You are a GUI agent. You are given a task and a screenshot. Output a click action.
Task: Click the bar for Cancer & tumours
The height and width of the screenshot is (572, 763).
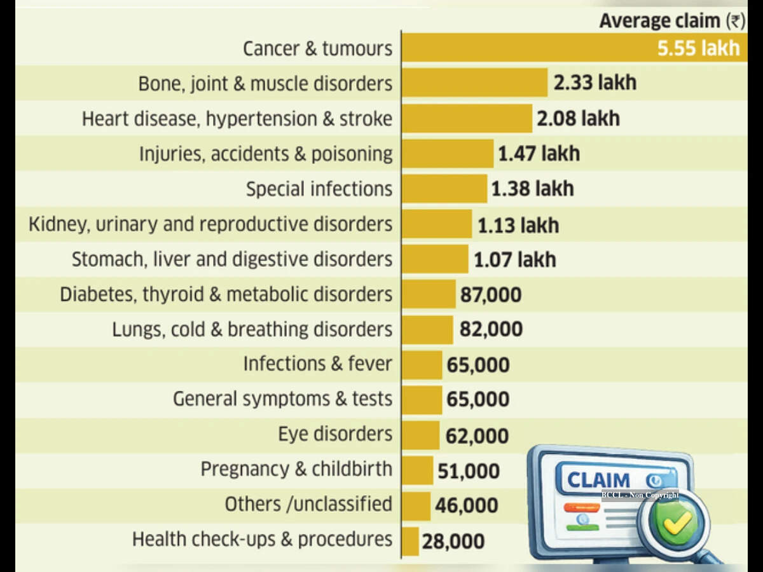pos(575,48)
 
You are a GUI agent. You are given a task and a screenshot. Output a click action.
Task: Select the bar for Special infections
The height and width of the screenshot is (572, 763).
pos(444,189)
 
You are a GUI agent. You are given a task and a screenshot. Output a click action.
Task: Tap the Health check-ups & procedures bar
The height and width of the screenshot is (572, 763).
pos(411,541)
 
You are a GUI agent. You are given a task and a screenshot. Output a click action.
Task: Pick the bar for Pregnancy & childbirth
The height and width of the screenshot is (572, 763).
pos(418,470)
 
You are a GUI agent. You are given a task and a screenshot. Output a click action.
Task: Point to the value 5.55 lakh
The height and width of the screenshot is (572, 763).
pos(698,48)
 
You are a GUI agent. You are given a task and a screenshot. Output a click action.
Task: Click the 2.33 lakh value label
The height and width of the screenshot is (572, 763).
pos(595,83)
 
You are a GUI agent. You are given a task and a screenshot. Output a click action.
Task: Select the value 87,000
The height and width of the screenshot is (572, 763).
pos(491,295)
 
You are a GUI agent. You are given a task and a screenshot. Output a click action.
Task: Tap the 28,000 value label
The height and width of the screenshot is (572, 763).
pos(453,541)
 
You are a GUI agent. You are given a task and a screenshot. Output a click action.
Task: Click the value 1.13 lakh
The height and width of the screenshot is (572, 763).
pos(518,226)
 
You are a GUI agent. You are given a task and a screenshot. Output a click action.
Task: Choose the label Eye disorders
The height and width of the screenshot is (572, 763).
pos(335,434)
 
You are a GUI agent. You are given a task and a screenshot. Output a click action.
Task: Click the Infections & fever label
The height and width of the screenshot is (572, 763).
pos(318,364)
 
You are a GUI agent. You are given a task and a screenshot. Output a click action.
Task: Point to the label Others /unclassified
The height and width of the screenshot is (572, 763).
pos(308,504)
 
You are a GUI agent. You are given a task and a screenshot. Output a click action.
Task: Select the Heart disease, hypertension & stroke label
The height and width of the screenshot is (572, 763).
pos(237,119)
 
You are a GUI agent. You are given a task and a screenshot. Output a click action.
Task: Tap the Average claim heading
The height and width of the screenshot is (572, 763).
pos(673,21)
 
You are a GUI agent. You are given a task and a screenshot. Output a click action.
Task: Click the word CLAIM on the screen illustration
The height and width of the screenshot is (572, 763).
pos(598,480)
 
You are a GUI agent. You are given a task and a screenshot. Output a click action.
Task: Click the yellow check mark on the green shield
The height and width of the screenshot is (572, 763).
pos(677,522)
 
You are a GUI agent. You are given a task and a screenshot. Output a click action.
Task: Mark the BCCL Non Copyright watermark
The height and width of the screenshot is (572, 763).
pos(640,495)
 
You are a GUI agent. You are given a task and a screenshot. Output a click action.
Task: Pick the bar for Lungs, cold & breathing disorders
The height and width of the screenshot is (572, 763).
pos(427,330)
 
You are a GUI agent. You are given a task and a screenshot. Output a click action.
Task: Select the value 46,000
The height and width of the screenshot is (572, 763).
pos(467,505)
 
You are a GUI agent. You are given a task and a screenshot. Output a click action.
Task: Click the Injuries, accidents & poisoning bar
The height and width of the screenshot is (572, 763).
pos(448,154)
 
